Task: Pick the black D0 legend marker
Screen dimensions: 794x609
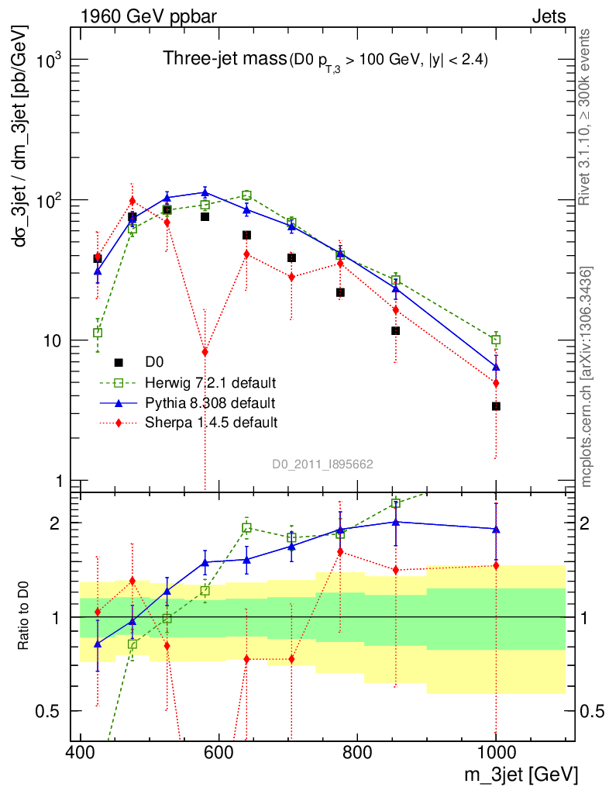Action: (119, 362)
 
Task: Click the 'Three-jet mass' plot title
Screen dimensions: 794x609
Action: (223, 58)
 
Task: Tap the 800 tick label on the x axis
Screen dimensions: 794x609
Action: (357, 753)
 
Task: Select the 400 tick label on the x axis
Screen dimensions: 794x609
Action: (80, 753)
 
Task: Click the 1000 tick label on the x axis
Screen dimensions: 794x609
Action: (496, 753)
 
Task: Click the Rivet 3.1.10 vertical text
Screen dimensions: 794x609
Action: (587, 116)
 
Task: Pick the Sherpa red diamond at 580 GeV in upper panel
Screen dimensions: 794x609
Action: (205, 352)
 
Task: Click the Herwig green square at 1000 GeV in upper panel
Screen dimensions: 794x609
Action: (496, 340)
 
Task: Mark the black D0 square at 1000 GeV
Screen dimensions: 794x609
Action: (496, 406)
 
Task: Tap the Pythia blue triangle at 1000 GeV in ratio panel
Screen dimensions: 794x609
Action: (496, 530)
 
